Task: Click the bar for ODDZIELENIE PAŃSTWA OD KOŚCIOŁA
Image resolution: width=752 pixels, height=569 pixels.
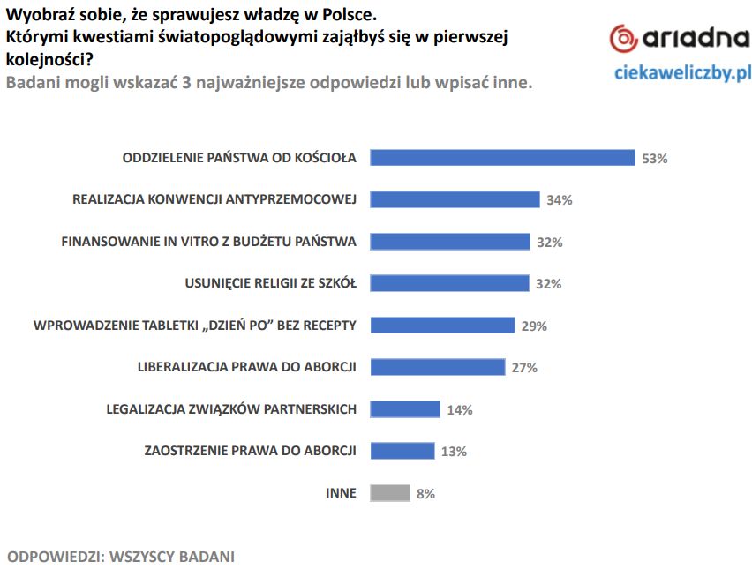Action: (x=502, y=158)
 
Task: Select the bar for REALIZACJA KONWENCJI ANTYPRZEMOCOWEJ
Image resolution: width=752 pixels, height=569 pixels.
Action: (x=455, y=199)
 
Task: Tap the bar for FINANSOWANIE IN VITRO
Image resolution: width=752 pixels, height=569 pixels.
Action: (x=450, y=242)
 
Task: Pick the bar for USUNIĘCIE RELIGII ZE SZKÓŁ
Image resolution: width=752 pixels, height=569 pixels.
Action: (x=450, y=283)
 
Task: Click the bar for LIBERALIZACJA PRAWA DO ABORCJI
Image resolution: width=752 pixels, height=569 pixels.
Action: (x=438, y=367)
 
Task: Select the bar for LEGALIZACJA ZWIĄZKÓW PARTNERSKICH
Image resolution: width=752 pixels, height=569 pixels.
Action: (x=405, y=409)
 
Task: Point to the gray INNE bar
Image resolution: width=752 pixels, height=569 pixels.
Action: (x=390, y=493)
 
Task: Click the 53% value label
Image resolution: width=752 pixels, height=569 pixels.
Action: (x=655, y=159)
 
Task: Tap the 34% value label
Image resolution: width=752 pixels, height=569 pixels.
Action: (x=560, y=200)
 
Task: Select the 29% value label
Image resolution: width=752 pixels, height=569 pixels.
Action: (x=534, y=326)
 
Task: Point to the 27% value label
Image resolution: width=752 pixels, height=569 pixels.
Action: (x=524, y=368)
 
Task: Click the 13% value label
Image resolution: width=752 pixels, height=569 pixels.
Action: (x=454, y=452)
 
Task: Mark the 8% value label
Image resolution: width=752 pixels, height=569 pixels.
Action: (x=425, y=494)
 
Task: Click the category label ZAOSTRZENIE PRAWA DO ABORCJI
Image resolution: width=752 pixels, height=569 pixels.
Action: (x=250, y=451)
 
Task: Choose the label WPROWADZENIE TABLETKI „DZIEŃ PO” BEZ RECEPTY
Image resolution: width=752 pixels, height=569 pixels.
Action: (x=195, y=325)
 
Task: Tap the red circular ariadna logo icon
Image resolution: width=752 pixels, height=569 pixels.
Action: (x=624, y=38)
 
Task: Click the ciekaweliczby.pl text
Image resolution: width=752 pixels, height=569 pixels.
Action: (x=682, y=72)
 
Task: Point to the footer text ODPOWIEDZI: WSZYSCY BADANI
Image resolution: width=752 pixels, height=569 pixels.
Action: (x=121, y=557)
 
